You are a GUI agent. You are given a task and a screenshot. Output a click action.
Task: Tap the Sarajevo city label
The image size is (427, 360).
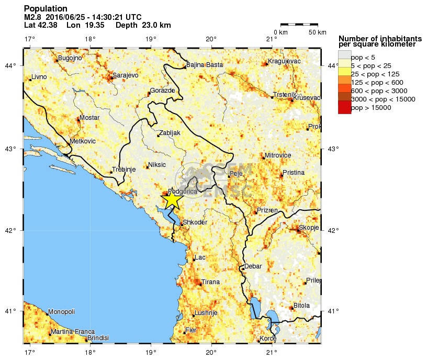[126, 75]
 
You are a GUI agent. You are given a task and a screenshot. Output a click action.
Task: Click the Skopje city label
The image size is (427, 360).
[309, 227]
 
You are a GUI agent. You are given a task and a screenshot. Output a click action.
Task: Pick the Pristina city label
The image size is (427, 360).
[293, 172]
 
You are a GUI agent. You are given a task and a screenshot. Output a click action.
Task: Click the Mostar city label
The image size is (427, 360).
[89, 118]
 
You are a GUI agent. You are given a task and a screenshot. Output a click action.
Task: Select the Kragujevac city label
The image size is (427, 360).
[284, 62]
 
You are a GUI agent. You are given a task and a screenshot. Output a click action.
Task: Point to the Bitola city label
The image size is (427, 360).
[301, 305]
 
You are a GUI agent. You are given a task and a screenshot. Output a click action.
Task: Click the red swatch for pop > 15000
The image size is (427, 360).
[344, 108]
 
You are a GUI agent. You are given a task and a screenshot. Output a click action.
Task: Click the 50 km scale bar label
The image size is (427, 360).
[317, 32]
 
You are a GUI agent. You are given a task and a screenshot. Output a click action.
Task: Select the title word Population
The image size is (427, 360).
[46, 9]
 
